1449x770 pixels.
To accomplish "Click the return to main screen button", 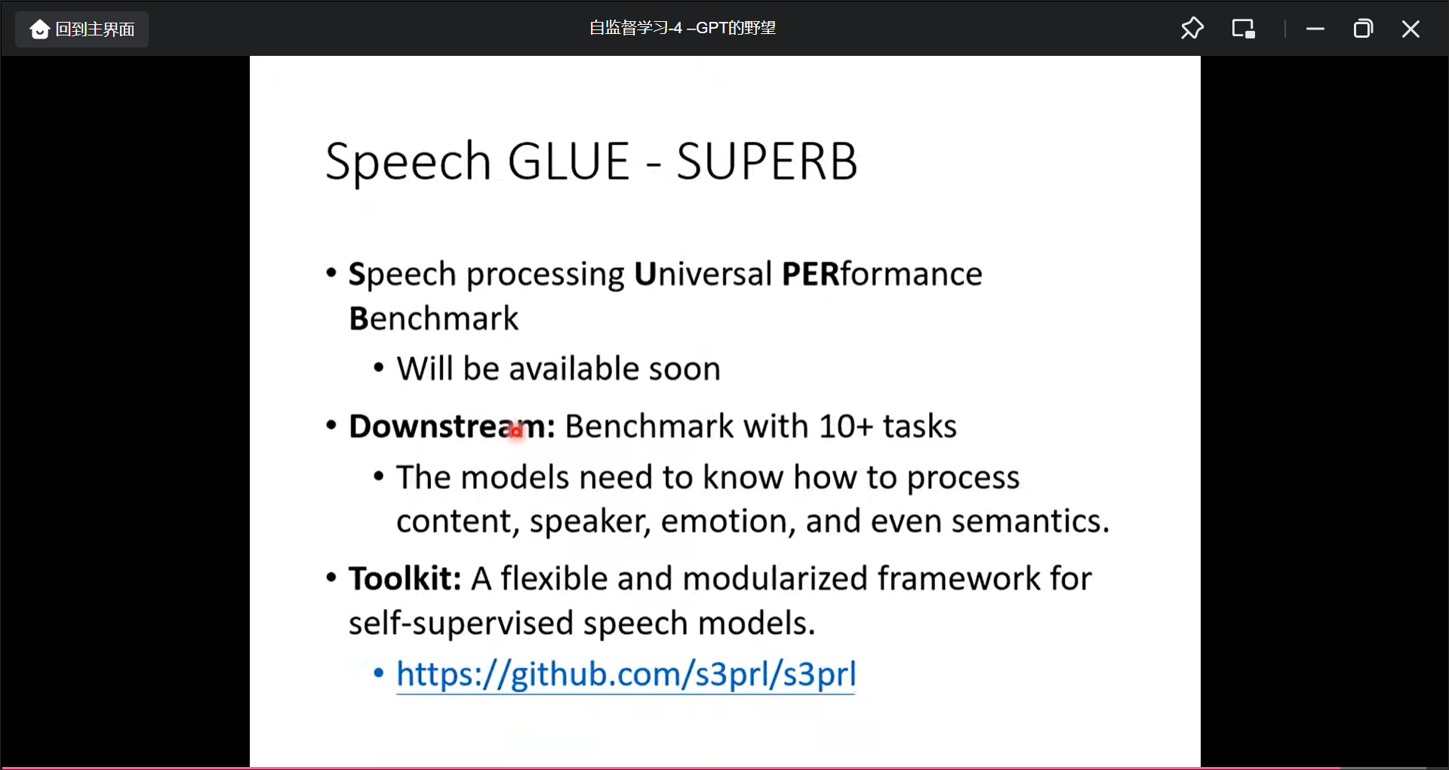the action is point(82,29).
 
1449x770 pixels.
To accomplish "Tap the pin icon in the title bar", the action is point(1192,29).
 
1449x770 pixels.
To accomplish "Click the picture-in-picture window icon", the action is point(1243,29).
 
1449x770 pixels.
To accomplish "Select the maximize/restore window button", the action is point(1363,29).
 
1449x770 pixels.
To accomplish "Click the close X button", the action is point(1411,29).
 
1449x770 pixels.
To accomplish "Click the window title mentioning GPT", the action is point(682,28).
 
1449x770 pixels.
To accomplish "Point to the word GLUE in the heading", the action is point(568,161).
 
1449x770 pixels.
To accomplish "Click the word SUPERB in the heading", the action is point(767,161).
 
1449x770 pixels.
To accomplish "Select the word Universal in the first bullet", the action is point(703,273).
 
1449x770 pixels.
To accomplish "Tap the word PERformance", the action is point(882,273).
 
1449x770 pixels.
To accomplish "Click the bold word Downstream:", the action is point(452,427).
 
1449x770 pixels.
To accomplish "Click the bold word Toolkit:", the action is point(405,579).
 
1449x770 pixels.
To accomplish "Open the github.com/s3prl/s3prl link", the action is point(626,674).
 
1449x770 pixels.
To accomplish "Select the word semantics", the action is point(1030,521).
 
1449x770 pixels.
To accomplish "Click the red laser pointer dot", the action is point(516,432).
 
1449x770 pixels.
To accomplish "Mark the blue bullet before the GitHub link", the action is point(379,672).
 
